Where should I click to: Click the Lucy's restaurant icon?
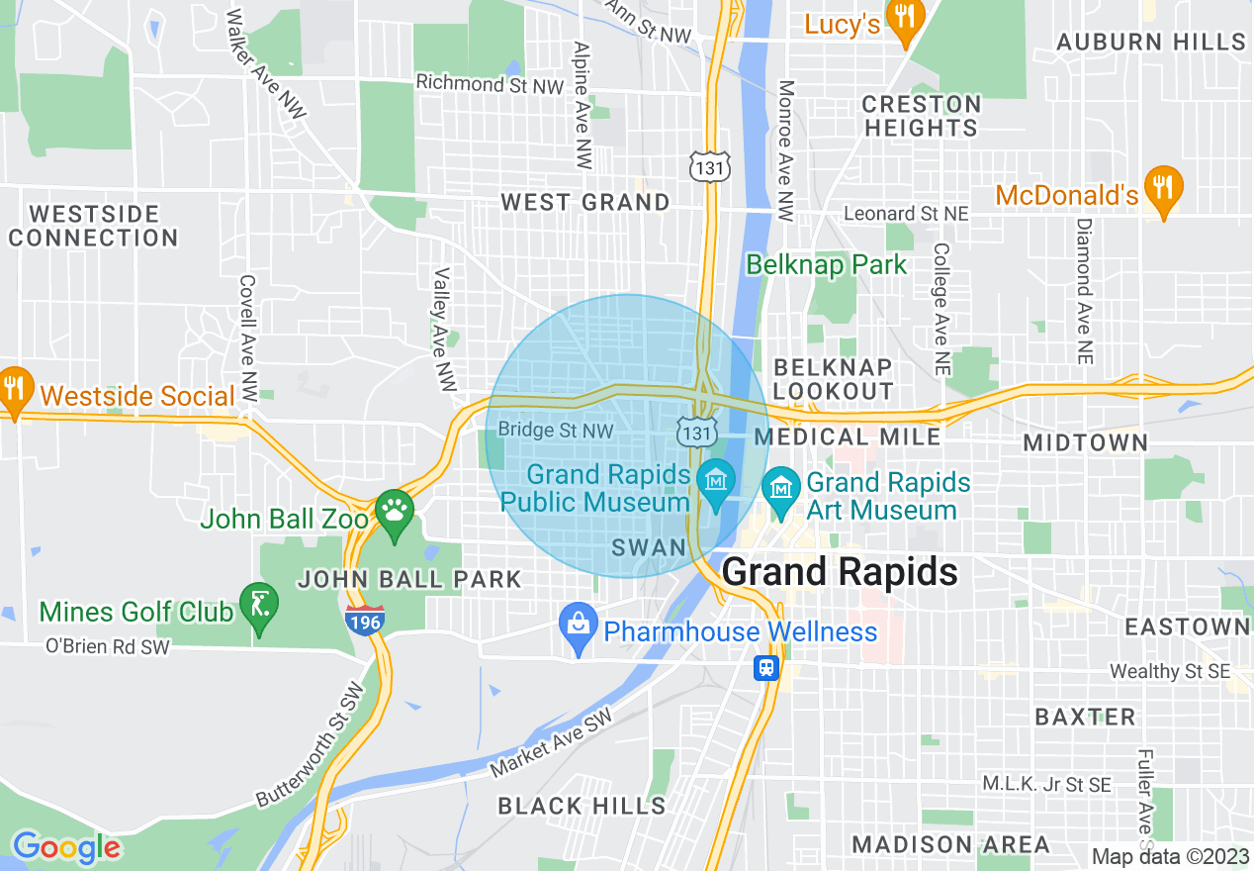coord(904,18)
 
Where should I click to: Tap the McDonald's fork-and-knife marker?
coord(1163,187)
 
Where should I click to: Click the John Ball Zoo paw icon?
coord(395,512)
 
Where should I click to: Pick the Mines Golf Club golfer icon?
coord(259,605)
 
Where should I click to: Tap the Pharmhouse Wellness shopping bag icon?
coord(578,626)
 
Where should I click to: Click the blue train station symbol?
coord(766,668)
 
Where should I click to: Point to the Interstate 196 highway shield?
coord(365,621)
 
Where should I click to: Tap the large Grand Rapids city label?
coord(840,572)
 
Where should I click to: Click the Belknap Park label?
coord(826,265)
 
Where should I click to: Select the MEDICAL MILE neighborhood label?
coord(848,436)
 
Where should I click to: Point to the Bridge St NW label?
coord(556,430)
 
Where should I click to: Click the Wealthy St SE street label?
coord(1170,671)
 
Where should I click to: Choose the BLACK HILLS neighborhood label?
coord(582,806)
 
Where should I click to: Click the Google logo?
coord(66,847)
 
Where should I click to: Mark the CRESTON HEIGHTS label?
coord(921,116)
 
